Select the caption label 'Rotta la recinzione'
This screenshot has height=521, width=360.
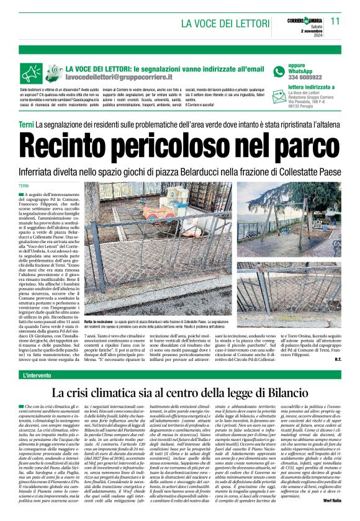click(x=98, y=322)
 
